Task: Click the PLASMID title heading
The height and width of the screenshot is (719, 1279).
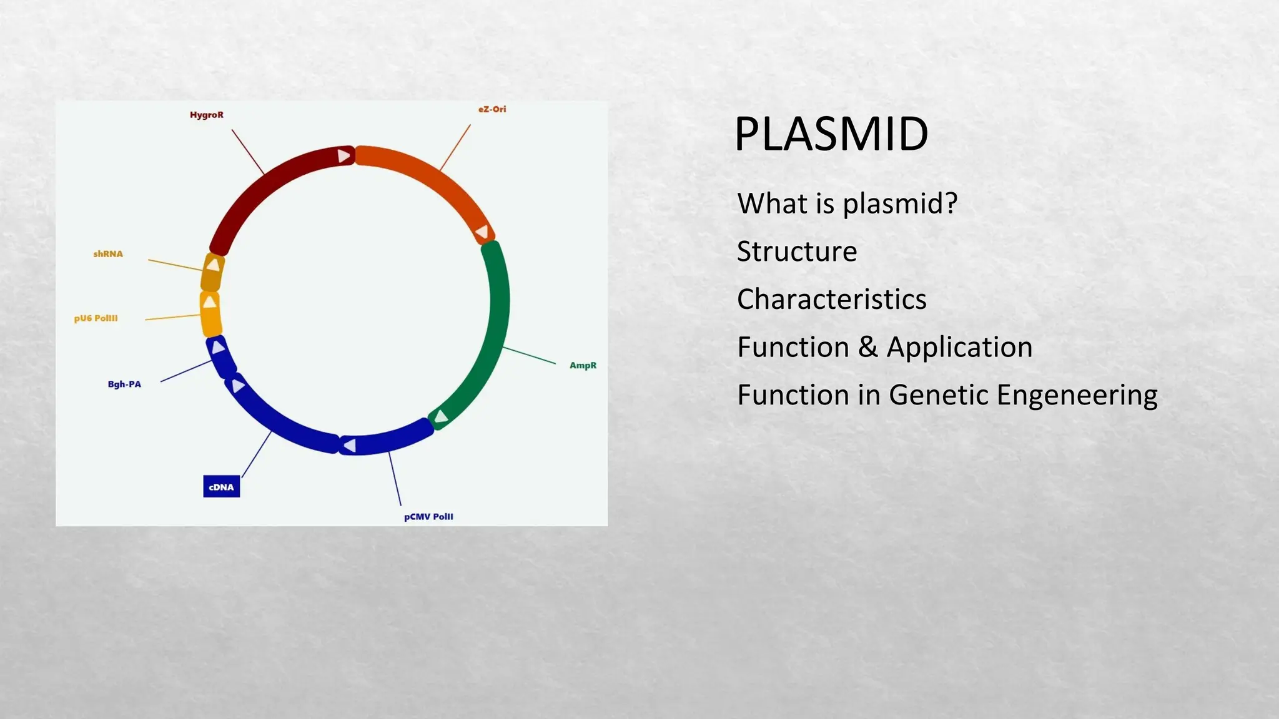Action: [831, 134]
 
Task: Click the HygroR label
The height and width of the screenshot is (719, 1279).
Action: [206, 115]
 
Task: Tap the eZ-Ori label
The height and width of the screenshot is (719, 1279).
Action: [492, 109]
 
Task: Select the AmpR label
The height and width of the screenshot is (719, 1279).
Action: [583, 366]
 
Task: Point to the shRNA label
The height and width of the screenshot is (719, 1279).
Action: [108, 254]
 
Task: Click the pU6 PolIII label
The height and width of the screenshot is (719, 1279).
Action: [96, 318]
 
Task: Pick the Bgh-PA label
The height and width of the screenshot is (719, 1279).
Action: [124, 384]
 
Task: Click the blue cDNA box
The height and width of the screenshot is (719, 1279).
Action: [221, 487]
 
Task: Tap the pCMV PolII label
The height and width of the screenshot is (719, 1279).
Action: [428, 517]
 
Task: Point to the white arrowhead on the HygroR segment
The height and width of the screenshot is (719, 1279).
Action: [343, 155]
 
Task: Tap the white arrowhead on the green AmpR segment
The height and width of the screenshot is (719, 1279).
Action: [441, 416]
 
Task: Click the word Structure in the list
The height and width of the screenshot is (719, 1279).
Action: [796, 252]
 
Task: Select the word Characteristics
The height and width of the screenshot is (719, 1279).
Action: [831, 300]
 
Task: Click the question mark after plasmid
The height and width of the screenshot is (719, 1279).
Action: [951, 203]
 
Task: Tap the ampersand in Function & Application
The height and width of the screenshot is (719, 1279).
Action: [867, 348]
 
